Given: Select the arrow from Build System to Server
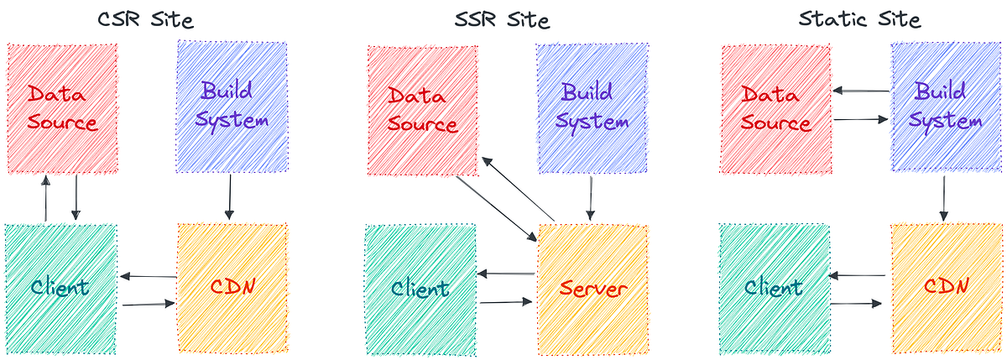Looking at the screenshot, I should coord(592,198).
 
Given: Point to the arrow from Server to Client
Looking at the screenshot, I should coord(506,273).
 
